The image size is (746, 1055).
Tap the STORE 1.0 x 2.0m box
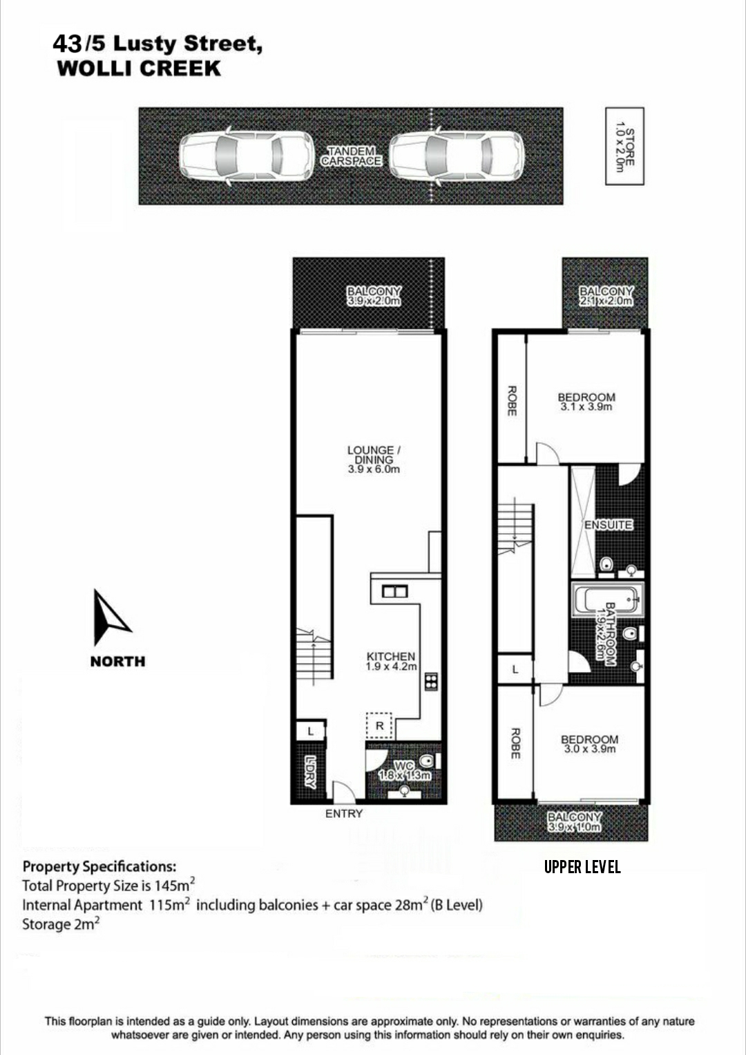(x=624, y=147)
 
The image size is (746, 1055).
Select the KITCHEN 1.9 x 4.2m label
(x=391, y=661)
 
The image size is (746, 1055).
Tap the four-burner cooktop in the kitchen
(x=430, y=682)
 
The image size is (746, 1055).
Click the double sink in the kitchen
(x=394, y=592)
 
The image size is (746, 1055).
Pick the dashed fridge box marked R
(x=379, y=726)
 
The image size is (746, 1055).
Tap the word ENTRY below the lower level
(x=344, y=814)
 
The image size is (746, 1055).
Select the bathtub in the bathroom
(x=607, y=599)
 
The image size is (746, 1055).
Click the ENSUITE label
(x=608, y=525)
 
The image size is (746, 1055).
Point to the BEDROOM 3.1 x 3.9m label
(x=586, y=402)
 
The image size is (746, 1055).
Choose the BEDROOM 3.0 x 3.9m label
(x=589, y=744)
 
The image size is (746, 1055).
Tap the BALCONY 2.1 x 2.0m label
(x=606, y=297)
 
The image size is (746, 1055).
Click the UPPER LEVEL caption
(x=582, y=867)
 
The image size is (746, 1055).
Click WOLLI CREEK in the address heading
(x=139, y=68)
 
